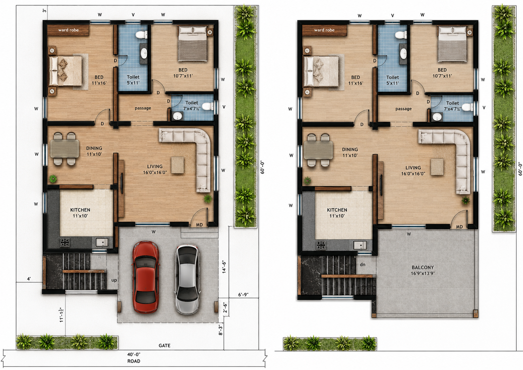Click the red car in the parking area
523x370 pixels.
click(x=146, y=277)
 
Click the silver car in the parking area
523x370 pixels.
click(x=187, y=279)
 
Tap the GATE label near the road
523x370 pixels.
click(x=165, y=345)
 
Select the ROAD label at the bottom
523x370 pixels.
click(x=134, y=361)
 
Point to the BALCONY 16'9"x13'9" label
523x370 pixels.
click(x=423, y=270)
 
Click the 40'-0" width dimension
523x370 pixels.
click(x=134, y=354)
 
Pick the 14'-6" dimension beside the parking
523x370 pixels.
click(x=224, y=267)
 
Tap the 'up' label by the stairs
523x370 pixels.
click(x=114, y=280)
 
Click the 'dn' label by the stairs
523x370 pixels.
click(x=362, y=264)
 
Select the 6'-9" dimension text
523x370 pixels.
click(x=243, y=295)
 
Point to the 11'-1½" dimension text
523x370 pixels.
click(x=62, y=315)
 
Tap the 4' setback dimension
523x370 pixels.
click(x=29, y=279)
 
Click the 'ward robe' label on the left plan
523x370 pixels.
click(x=68, y=30)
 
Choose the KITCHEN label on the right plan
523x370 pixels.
click(x=337, y=210)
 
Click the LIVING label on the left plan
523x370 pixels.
click(x=155, y=167)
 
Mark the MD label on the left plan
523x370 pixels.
click(x=199, y=225)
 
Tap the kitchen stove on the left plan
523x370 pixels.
click(x=65, y=242)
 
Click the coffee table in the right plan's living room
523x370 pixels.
click(x=437, y=167)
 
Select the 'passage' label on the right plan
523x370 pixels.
click(x=403, y=109)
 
